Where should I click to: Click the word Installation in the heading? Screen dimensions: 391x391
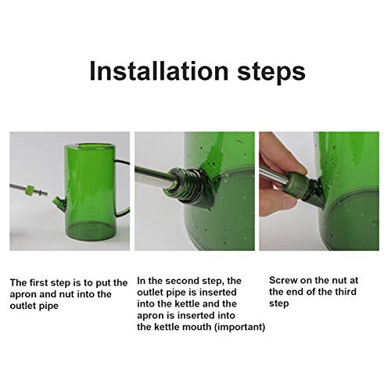[159, 71]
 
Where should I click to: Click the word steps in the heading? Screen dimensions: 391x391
[271, 73]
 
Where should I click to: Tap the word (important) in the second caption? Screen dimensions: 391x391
[239, 327]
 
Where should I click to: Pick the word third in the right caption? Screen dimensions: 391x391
[346, 292]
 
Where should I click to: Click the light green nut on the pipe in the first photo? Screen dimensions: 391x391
[30, 190]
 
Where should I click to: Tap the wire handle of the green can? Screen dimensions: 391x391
[124, 188]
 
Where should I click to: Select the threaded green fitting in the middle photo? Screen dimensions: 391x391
[188, 188]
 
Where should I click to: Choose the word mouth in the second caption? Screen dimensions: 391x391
[198, 327]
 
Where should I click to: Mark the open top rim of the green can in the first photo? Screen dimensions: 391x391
[89, 146]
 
